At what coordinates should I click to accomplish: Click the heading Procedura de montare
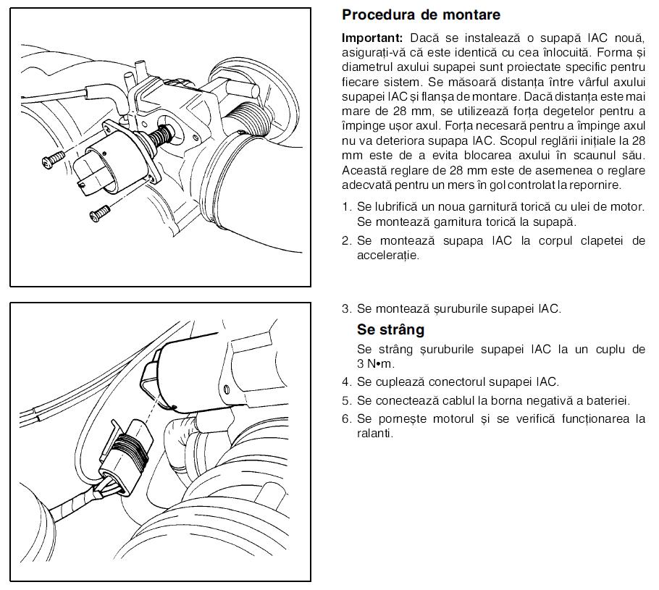[x=421, y=14]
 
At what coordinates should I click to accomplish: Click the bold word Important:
[x=372, y=37]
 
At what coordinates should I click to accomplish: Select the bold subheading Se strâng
[x=390, y=329]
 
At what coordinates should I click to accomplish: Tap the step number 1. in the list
[x=347, y=207]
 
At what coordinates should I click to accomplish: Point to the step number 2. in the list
[x=347, y=240]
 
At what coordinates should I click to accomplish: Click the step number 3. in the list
[x=347, y=308]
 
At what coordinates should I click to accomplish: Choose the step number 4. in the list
[x=347, y=382]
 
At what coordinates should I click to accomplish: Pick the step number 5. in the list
[x=347, y=400]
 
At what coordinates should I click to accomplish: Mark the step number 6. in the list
[x=347, y=418]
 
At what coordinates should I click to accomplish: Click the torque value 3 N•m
[x=376, y=364]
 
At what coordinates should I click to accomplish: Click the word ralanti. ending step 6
[x=374, y=434]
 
